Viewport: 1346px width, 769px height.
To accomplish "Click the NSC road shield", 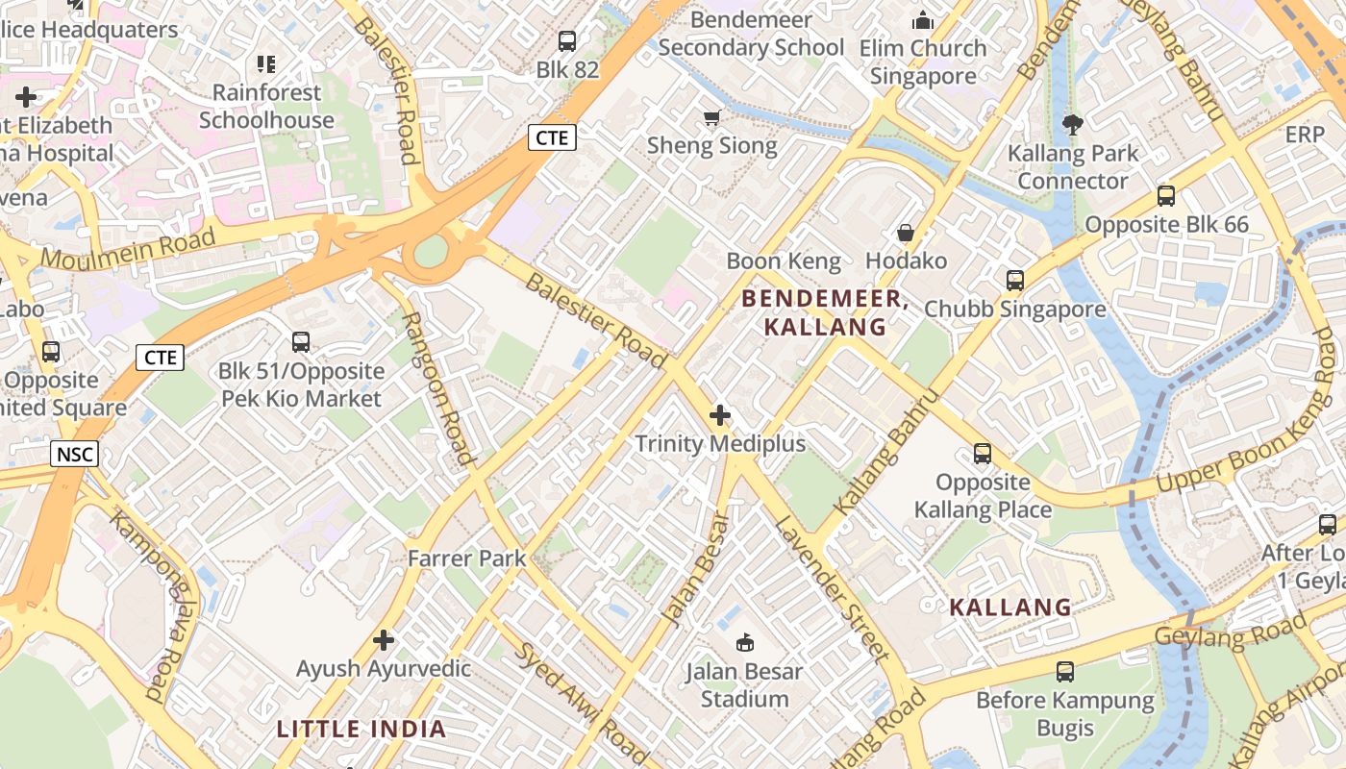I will (x=74, y=453).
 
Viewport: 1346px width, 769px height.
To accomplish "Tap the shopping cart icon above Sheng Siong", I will (x=711, y=118).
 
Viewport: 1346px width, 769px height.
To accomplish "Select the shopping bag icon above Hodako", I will (x=905, y=233).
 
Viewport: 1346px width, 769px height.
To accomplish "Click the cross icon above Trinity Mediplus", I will (x=719, y=415).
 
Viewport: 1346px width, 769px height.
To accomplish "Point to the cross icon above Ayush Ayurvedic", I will (x=384, y=640).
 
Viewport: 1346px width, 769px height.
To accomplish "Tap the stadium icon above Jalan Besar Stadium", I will (x=744, y=642).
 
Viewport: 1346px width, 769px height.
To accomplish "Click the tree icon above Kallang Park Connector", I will (x=1072, y=124).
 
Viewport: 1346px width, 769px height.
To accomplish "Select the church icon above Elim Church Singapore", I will (x=923, y=20).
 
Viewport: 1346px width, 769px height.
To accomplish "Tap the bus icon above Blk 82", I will (x=567, y=41).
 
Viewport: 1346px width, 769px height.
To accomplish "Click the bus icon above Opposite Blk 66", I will (x=1166, y=196).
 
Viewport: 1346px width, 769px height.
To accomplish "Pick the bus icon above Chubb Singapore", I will (x=1015, y=281).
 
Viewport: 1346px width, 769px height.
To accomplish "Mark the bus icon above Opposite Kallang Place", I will (x=983, y=453).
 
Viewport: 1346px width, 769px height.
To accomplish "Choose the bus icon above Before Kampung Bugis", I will (x=1065, y=672).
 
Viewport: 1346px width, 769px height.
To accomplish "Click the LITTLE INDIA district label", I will (x=361, y=729).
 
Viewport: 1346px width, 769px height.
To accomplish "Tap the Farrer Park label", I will (x=467, y=558).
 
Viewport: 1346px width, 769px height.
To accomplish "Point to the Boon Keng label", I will (x=784, y=260).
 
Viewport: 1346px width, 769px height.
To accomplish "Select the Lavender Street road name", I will (x=831, y=588).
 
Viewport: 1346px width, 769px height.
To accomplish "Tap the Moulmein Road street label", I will (x=128, y=247).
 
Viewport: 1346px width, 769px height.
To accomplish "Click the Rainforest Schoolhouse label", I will (x=266, y=107).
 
